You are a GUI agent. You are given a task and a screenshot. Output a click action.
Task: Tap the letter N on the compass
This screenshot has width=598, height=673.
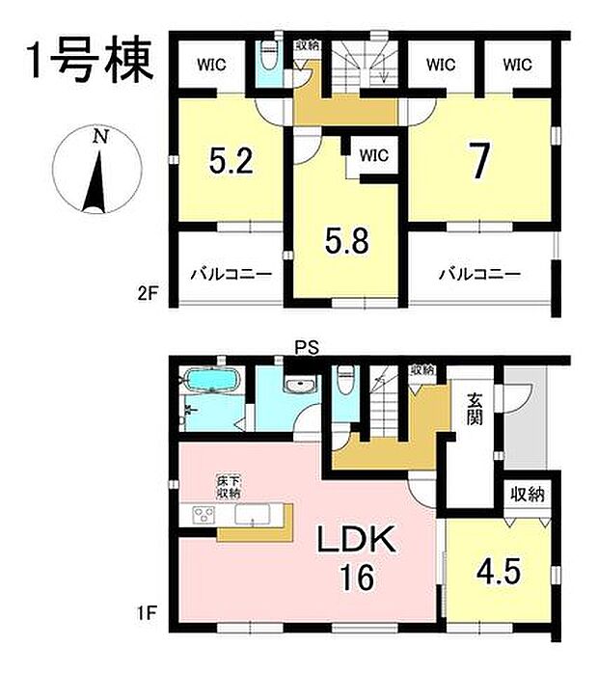coord(98,137)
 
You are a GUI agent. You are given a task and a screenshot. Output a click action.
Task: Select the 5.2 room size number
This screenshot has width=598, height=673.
coord(231,159)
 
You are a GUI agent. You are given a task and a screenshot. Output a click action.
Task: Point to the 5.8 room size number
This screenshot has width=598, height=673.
coord(344,237)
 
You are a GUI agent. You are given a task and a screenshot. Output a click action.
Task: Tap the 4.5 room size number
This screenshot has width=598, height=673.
coord(499,569)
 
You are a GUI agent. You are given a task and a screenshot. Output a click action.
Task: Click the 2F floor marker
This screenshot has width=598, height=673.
coord(148,290)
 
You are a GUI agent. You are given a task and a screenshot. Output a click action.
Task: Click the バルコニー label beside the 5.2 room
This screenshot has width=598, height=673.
coord(230,274)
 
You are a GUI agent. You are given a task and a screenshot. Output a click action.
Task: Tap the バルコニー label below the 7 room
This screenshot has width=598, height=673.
coord(479,274)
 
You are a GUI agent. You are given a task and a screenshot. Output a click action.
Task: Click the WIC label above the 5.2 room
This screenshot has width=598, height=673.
coord(213,66)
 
